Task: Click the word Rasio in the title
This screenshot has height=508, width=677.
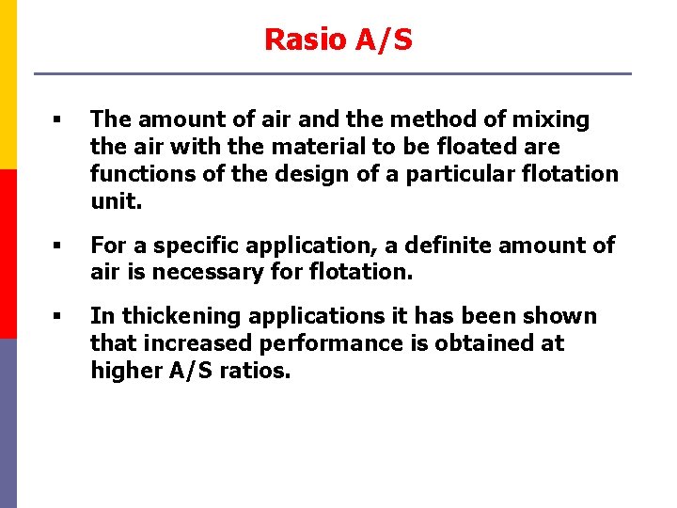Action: (297, 40)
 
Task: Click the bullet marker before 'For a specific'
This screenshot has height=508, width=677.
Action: (57, 246)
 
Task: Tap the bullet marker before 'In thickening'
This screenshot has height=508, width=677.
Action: (57, 317)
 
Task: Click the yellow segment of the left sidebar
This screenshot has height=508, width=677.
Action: (8, 85)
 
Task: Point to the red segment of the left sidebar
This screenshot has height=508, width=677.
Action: (8, 254)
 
